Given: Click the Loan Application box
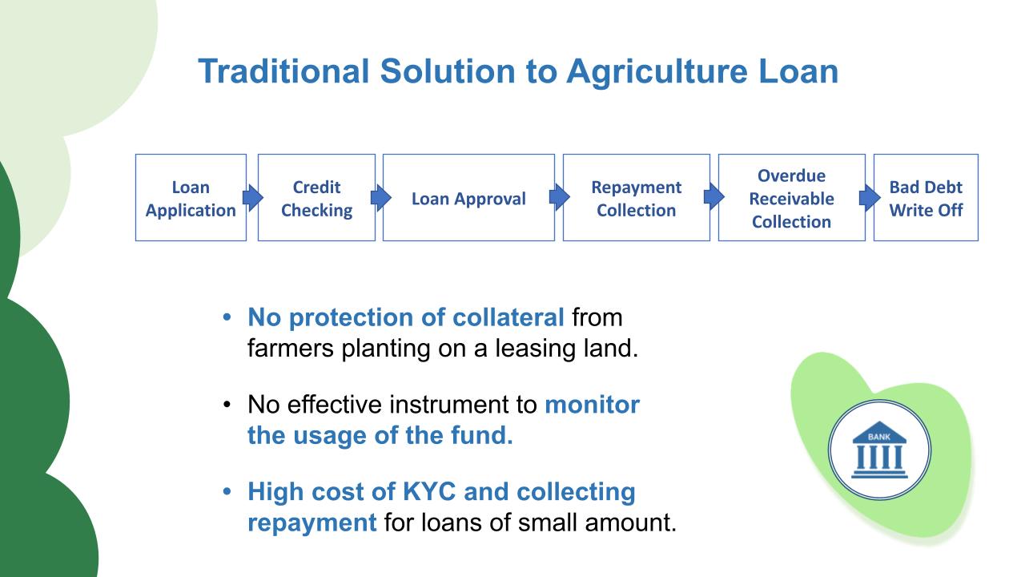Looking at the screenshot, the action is (x=191, y=197).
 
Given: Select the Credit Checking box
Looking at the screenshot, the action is (x=316, y=197).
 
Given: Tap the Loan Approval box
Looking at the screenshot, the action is (x=468, y=197).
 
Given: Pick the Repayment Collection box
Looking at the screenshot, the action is (x=637, y=197).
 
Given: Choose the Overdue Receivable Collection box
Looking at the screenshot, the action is (x=792, y=197).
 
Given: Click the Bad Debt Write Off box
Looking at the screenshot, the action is (x=926, y=197).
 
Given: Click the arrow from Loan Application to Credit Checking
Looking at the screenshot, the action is (x=252, y=197).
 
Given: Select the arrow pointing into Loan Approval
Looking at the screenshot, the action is (x=380, y=197).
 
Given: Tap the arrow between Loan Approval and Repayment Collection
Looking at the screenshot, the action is (x=559, y=197).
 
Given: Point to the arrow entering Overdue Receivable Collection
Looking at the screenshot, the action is (x=713, y=197).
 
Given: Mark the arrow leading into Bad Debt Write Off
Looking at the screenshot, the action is (x=870, y=197).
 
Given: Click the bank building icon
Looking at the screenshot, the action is (x=879, y=450).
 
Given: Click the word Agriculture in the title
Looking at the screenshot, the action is (x=657, y=72).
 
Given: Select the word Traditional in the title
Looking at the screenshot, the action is (x=283, y=71).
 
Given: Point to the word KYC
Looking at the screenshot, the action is (x=428, y=491).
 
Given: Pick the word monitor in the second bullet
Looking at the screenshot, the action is (x=592, y=405).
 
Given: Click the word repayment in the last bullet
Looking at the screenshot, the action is (x=312, y=523).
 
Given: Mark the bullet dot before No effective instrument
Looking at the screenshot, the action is (x=227, y=405).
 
